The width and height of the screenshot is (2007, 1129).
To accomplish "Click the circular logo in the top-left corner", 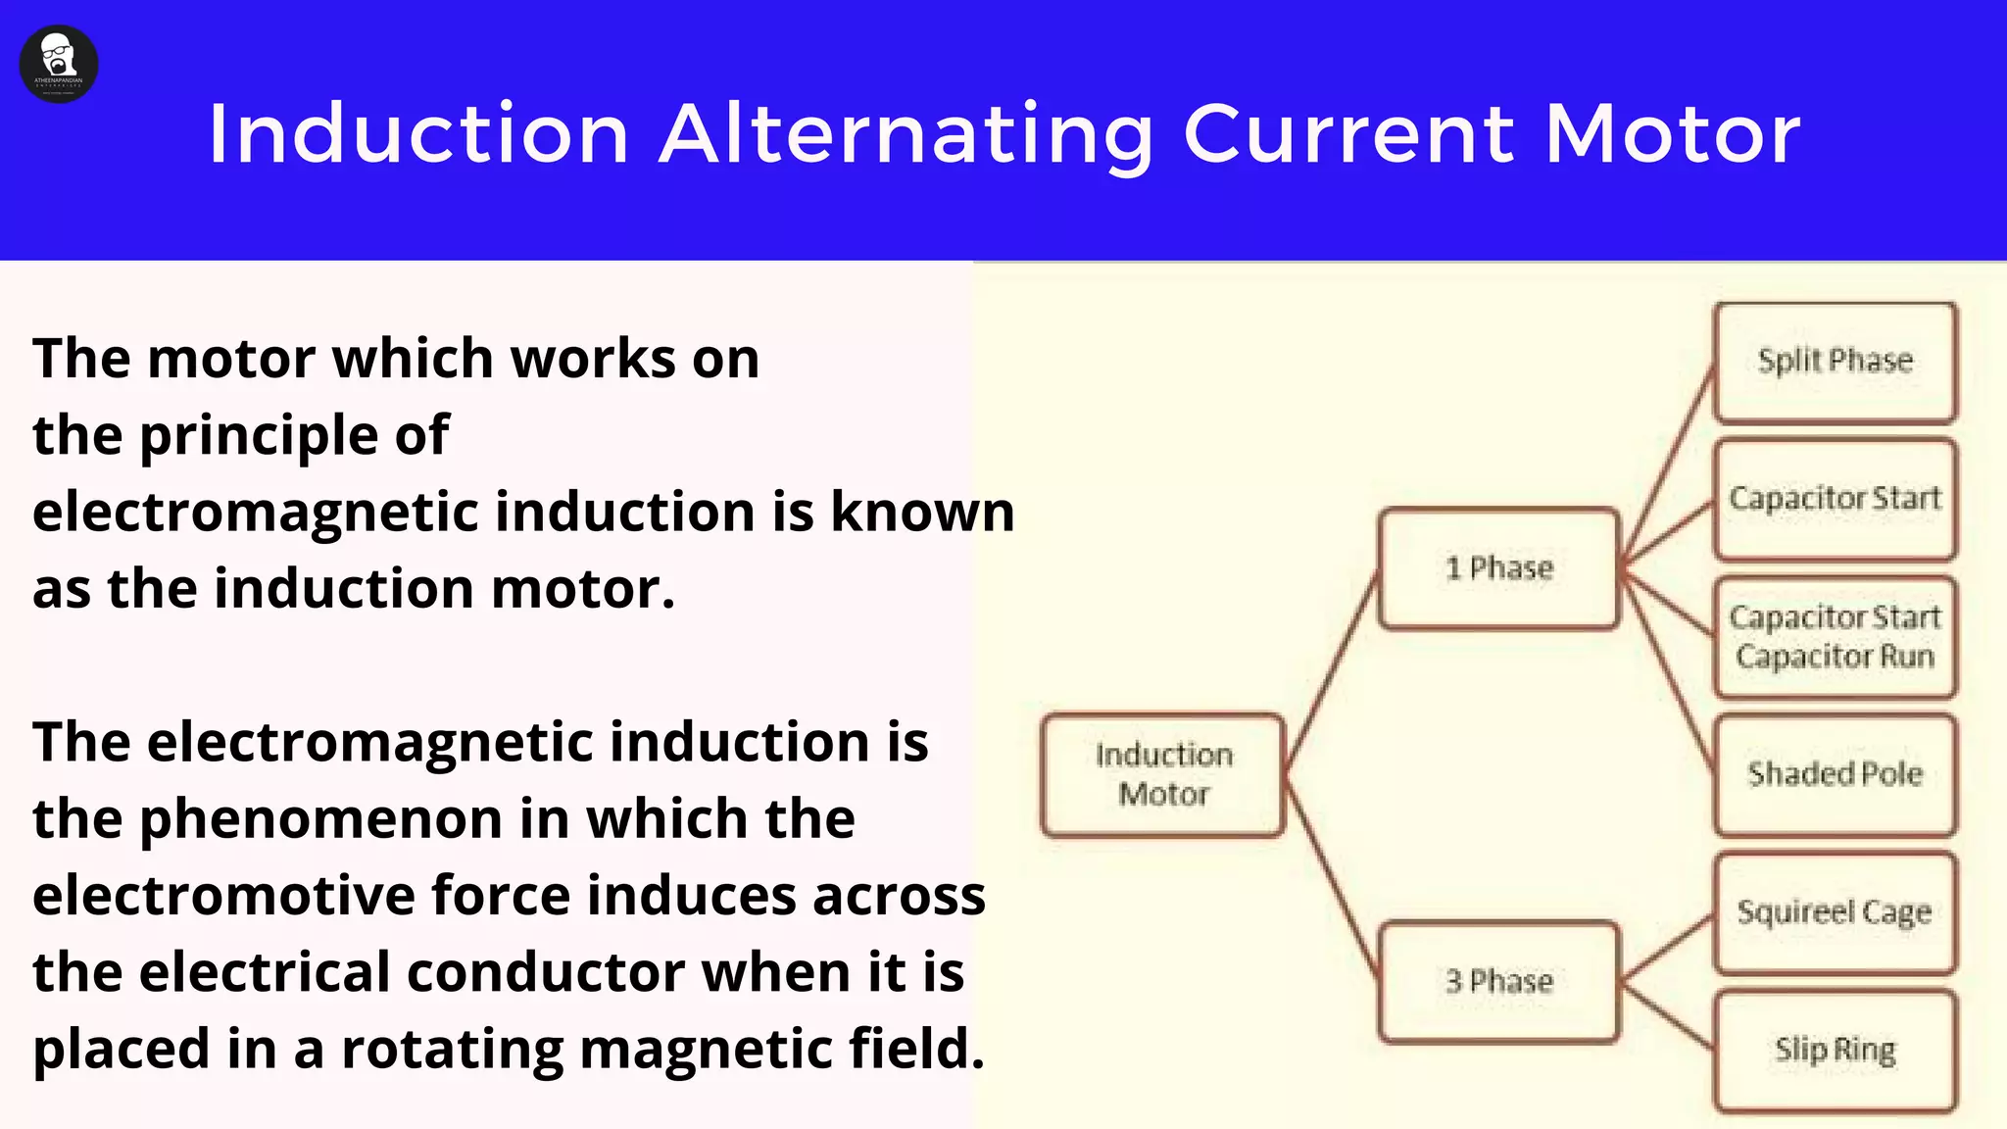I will [59, 64].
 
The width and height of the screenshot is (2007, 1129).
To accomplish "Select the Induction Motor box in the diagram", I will [1163, 774].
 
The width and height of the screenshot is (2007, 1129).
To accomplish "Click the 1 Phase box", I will [1498, 567].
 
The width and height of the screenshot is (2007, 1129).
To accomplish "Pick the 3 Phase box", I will [1498, 981].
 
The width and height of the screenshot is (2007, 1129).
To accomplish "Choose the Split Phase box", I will [1835, 361].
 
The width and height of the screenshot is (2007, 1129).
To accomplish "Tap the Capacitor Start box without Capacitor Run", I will [1835, 499].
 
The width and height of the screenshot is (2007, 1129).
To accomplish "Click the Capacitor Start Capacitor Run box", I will [1835, 636].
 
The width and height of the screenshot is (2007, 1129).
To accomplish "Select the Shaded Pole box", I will [1835, 774].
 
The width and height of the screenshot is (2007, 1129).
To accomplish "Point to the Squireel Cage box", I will [1835, 912].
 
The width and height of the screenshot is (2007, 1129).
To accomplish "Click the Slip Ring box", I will [1835, 1050].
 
